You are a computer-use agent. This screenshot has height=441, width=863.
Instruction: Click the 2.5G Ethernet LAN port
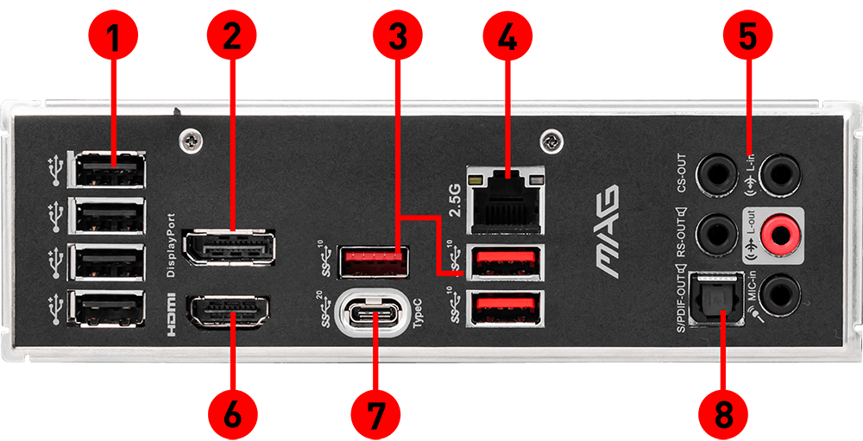pyautogui.click(x=506, y=197)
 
